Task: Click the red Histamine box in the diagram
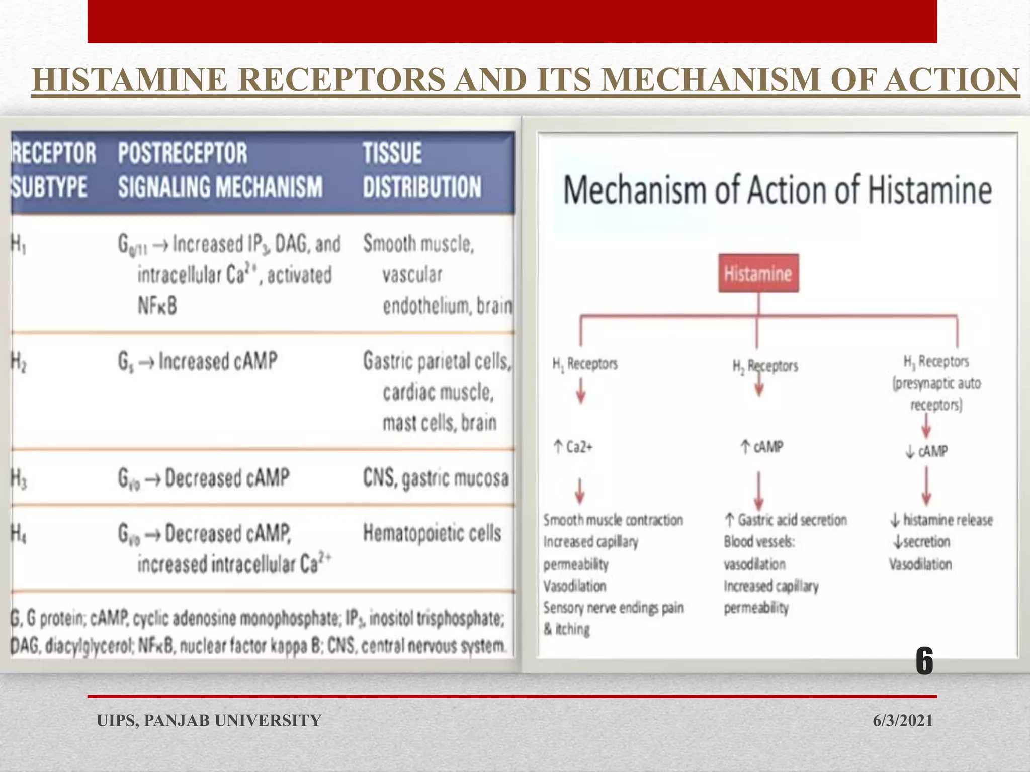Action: tap(758, 273)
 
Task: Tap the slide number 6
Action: tap(924, 661)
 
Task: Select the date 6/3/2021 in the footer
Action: tap(902, 720)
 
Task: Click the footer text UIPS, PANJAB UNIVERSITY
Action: tap(209, 720)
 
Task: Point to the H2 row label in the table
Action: tap(19, 362)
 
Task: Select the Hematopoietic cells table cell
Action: tap(432, 533)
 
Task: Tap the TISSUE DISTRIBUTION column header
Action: tap(422, 170)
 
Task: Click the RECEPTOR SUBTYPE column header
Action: tap(53, 170)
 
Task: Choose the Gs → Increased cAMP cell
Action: tap(197, 361)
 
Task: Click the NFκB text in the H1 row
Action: tap(157, 306)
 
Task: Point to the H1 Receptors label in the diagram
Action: tap(585, 363)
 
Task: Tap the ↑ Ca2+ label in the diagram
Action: tap(573, 447)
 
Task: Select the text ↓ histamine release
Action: tap(941, 520)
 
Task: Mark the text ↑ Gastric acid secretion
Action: tap(786, 520)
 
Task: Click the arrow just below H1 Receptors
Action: tap(581, 391)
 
